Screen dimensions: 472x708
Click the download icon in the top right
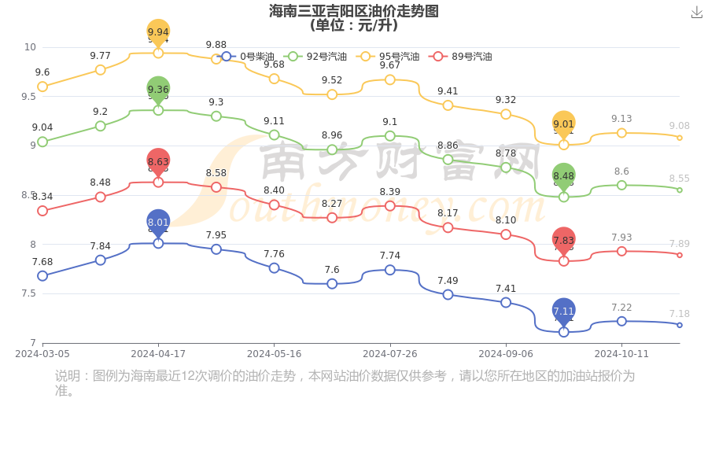tap(697, 12)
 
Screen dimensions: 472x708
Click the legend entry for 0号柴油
tap(249, 57)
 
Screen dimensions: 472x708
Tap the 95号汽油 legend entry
tap(389, 57)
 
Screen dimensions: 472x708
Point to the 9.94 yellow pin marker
tap(158, 32)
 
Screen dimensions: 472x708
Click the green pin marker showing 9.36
tap(158, 90)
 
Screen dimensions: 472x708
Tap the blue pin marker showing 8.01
tap(158, 223)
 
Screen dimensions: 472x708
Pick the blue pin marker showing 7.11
tap(563, 311)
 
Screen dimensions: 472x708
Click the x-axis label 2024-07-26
tap(389, 354)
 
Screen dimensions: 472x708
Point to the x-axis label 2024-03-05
tap(42, 354)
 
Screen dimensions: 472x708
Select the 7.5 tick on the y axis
tap(30, 293)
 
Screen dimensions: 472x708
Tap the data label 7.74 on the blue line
tap(390, 256)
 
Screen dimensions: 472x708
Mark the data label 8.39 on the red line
tap(390, 192)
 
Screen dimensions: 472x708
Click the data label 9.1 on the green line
tap(390, 122)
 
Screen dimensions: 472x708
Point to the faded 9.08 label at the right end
tap(679, 126)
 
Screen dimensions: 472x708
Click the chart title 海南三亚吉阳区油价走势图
tap(354, 11)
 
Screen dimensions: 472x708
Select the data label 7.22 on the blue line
tap(621, 308)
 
